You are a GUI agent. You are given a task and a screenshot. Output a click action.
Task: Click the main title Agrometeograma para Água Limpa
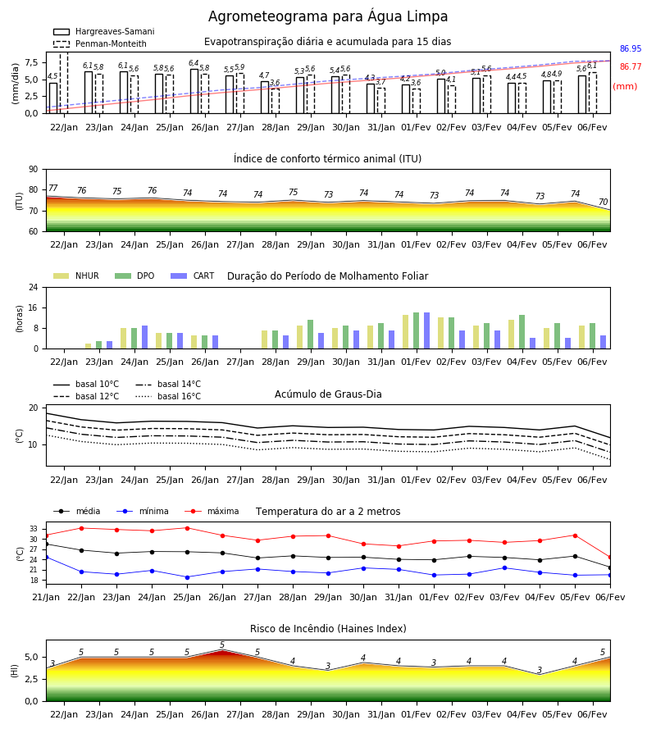328,16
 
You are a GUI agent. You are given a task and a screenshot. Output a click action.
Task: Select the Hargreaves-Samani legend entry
104,31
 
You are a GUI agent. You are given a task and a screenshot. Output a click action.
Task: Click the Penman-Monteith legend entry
100,43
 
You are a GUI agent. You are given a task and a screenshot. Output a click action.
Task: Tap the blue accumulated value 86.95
631,48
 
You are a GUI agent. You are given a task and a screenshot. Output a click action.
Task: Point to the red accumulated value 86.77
631,66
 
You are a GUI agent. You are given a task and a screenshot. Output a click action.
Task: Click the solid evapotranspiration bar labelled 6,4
194,91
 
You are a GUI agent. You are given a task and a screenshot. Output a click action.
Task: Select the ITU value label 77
53,188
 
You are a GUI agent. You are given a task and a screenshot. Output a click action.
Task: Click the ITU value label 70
603,202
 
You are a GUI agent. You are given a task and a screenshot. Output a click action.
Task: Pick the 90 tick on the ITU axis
34,170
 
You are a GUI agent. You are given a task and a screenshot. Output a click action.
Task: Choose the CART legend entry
193,276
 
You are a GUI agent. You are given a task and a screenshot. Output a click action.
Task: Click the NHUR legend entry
76,276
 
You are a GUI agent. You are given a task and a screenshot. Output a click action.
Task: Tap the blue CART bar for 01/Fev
427,330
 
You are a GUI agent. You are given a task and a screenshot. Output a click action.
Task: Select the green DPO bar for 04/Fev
522,332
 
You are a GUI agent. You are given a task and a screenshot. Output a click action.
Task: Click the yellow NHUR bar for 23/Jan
88,346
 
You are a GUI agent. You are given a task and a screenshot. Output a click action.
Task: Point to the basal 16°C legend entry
168,396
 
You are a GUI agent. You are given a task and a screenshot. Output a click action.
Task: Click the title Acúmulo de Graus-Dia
328,394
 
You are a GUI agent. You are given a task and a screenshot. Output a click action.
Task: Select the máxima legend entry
212,511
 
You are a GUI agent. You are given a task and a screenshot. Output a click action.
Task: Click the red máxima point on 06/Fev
610,558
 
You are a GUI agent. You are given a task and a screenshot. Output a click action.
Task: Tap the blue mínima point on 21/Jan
46,558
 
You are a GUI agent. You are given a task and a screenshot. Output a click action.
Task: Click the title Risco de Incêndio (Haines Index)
328,629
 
